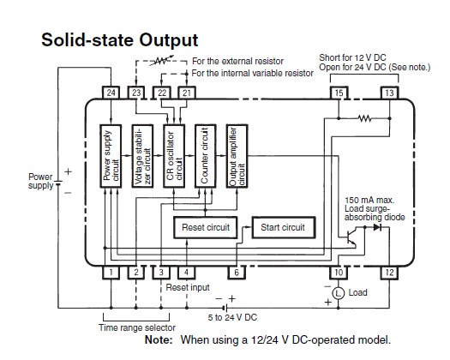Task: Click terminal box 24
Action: (111, 93)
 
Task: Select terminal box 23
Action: (136, 93)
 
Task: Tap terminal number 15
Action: (339, 93)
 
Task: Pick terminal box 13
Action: (389, 93)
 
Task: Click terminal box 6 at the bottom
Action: (237, 273)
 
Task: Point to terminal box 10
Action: (339, 273)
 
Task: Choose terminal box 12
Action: (389, 273)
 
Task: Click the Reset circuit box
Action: (206, 227)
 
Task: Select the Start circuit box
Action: (284, 227)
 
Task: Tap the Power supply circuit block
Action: (111, 156)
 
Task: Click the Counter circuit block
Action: (205, 156)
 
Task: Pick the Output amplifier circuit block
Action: (237, 156)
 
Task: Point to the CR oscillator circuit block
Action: (174, 156)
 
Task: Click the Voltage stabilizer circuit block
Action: (142, 156)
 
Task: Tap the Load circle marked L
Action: (339, 293)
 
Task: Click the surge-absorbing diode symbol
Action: (377, 227)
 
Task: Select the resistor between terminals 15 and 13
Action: (364, 118)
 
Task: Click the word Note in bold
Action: (159, 340)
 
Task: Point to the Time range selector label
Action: (137, 327)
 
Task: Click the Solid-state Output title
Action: (120, 39)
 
